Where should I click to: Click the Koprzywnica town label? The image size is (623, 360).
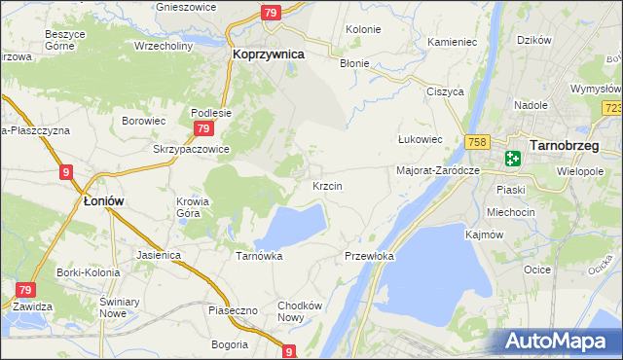(x=269, y=55)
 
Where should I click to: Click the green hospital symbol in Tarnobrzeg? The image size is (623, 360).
(x=512, y=158)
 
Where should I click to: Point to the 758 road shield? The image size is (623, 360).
(x=476, y=141)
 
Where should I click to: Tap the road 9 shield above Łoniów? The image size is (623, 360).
(x=66, y=172)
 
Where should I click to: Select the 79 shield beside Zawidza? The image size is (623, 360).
(x=26, y=290)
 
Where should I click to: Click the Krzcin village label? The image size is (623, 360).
(x=326, y=185)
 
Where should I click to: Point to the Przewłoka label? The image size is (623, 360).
(x=369, y=256)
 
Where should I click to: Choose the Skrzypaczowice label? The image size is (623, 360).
(x=191, y=150)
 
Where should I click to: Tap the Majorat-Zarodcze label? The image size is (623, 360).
(x=438, y=170)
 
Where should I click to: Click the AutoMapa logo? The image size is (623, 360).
(x=558, y=341)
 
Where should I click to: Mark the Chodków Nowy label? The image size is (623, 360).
(x=299, y=311)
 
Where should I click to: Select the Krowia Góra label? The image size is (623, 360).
(x=192, y=208)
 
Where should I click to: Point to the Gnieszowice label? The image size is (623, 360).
(x=188, y=6)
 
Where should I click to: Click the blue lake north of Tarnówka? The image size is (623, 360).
(x=292, y=226)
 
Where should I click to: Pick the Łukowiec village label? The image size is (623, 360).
(x=421, y=139)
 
